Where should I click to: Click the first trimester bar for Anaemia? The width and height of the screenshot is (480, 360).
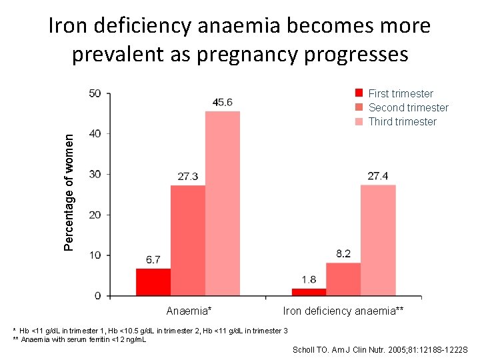153,282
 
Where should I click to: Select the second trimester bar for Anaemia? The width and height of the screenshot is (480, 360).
188,240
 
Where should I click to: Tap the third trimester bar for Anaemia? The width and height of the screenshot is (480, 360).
223,203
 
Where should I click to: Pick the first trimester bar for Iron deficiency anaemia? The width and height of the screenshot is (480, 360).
309,292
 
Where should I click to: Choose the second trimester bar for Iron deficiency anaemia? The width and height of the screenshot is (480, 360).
343,279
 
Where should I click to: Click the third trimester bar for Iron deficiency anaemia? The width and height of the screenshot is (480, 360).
378,240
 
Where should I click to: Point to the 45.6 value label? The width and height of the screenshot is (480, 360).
222,102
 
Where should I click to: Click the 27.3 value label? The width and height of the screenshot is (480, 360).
187,176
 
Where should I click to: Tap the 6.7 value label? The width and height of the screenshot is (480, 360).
153,259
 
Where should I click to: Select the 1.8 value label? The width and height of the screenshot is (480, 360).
309,279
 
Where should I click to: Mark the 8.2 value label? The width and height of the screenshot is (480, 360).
343,253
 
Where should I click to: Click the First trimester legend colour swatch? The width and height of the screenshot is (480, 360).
359,93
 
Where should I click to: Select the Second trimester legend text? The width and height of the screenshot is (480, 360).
408,107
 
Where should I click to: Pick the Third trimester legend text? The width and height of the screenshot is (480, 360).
402,121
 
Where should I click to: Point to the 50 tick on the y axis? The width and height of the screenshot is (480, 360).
95,93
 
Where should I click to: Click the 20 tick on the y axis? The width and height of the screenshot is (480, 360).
95,215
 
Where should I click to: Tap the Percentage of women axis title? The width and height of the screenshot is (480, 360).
69,191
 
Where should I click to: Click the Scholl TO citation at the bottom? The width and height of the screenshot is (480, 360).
380,350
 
